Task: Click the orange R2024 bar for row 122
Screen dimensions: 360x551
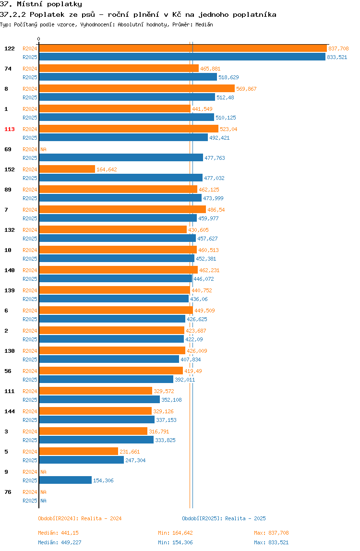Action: coord(183,48)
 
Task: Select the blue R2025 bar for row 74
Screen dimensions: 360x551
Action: coord(128,77)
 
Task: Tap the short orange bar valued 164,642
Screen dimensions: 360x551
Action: coord(67,169)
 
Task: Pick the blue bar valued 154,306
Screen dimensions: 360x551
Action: coord(65,480)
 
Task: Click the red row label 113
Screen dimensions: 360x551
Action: coord(10,129)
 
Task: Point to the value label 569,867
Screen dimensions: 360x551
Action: coord(246,89)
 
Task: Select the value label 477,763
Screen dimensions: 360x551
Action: coord(215,158)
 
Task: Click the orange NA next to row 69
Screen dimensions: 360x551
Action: coord(43,149)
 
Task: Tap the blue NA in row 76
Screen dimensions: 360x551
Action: coord(43,501)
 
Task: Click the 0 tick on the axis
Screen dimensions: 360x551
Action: coord(39,39)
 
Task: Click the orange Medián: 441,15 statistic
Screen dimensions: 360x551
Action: coord(59,533)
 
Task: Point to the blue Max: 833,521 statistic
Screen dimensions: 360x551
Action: coord(271,542)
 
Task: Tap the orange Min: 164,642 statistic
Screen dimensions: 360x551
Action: coord(175,533)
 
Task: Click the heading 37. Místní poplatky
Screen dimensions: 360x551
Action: coord(41,4)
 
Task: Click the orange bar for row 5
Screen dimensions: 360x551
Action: coord(78,451)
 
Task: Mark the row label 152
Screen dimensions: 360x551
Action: coord(10,169)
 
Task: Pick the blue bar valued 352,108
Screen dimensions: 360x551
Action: coord(99,399)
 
